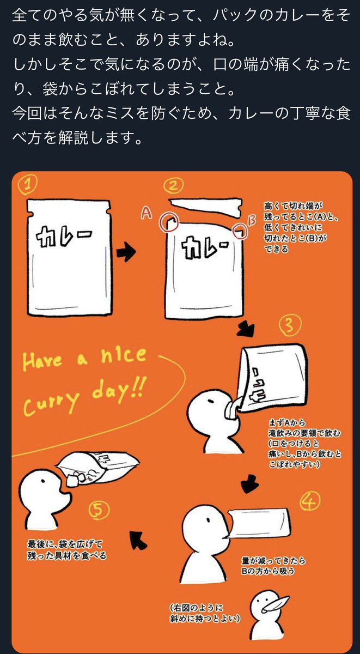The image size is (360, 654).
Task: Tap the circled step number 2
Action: pyautogui.click(x=173, y=186)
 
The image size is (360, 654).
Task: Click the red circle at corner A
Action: pyautogui.click(x=168, y=222)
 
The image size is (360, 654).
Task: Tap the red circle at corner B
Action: pyautogui.click(x=240, y=230)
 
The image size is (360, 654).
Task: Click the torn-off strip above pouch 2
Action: pyautogui.click(x=205, y=208)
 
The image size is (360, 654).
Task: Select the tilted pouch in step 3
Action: pyautogui.click(x=272, y=376)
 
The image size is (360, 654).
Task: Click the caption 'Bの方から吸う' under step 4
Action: pyautogui.click(x=268, y=571)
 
